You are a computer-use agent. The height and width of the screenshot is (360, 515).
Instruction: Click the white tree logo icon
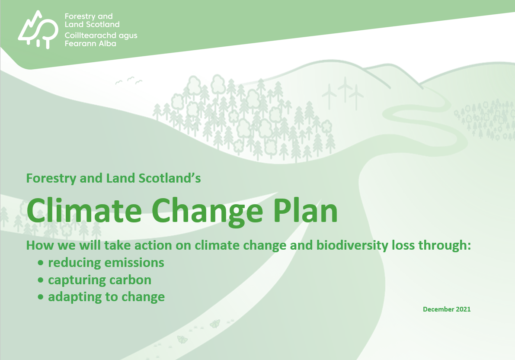[38, 29]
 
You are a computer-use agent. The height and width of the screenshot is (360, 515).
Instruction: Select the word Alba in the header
[107, 43]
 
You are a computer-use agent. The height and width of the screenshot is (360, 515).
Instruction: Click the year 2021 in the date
[462, 309]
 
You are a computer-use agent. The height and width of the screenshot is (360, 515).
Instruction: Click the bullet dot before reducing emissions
[41, 263]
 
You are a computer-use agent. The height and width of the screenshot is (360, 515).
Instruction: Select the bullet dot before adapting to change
[41, 297]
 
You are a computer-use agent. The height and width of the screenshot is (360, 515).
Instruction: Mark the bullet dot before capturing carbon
[41, 280]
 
